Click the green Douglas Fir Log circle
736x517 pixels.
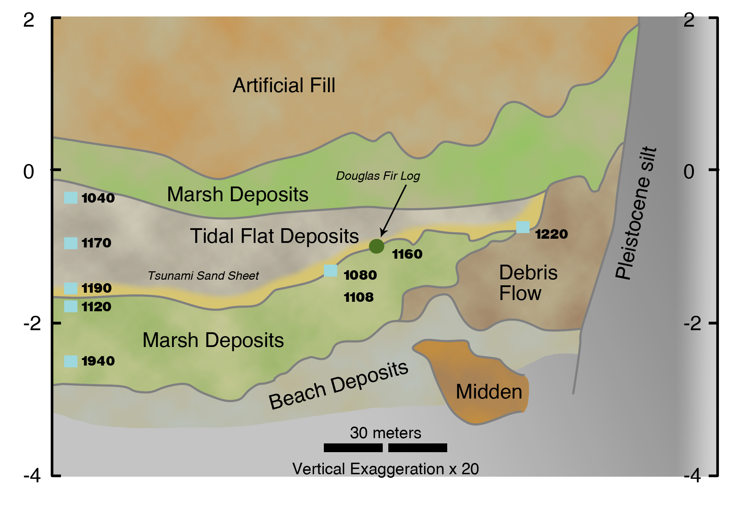(376, 246)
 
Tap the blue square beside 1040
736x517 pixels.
(71, 198)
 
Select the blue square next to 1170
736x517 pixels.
(71, 243)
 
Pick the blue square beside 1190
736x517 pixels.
(71, 288)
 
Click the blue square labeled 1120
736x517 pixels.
(71, 306)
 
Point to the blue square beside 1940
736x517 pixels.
(71, 361)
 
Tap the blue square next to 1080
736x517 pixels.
(330, 271)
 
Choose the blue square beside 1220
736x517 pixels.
(523, 227)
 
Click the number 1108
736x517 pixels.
(359, 297)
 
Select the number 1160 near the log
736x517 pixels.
(407, 254)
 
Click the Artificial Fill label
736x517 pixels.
(284, 85)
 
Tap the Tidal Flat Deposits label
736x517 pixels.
(274, 236)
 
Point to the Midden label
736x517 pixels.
(489, 392)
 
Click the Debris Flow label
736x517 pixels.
(528, 283)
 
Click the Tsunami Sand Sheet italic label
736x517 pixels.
(203, 276)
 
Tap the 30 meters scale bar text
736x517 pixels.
(386, 433)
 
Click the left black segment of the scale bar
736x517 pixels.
(353, 448)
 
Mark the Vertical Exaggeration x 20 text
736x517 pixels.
(386, 469)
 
